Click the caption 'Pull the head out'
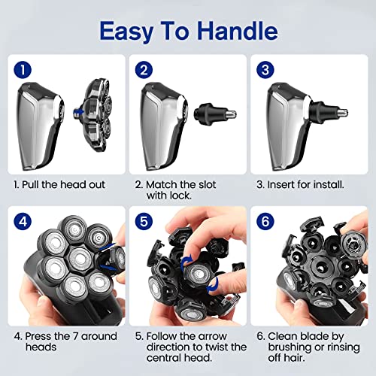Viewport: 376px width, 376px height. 62,183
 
